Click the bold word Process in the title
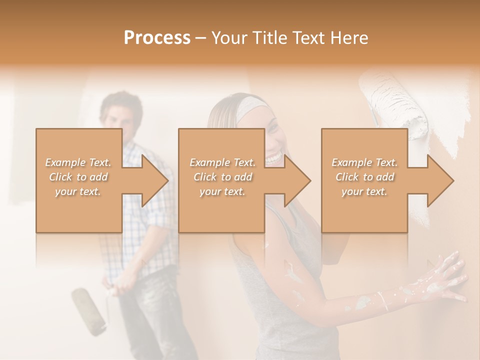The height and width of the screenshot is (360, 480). coord(157,38)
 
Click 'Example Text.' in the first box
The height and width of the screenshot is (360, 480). coord(78,162)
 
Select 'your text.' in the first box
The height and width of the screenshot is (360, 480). coord(78,191)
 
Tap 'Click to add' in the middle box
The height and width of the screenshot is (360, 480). coord(222,177)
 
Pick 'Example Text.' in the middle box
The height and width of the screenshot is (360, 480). coord(222,162)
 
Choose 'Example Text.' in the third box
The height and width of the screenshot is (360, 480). coord(364,162)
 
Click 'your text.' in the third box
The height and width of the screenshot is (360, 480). coord(364,191)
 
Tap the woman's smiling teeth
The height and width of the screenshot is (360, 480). coord(273,159)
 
